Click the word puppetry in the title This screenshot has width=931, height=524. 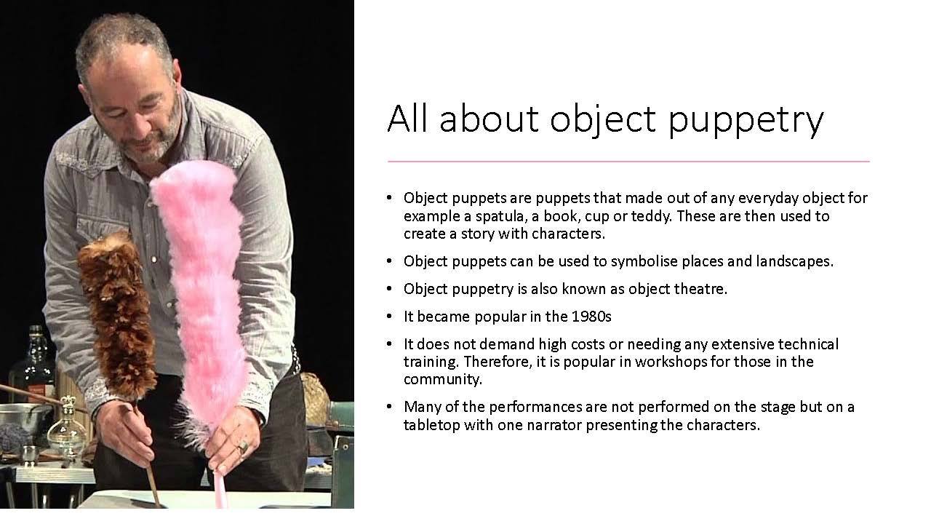pyautogui.click(x=746, y=120)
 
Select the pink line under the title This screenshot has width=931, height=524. pyautogui.click(x=628, y=161)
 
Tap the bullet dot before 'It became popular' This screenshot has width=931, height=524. pyautogui.click(x=389, y=317)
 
